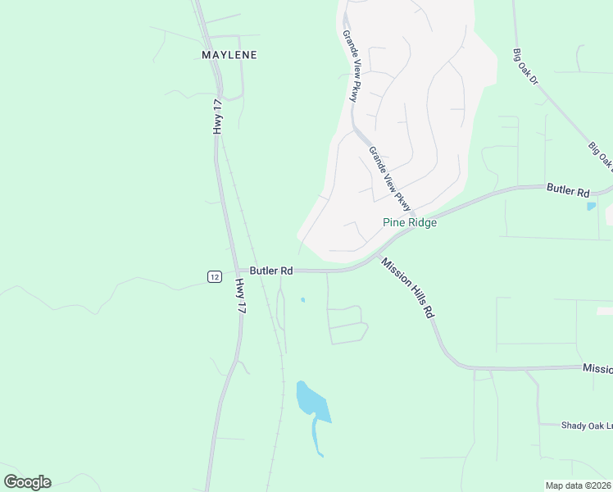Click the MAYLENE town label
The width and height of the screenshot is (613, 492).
(229, 55)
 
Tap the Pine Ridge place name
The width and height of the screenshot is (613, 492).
(410, 222)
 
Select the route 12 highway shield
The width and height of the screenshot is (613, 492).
(214, 276)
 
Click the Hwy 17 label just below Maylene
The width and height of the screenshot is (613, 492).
(217, 116)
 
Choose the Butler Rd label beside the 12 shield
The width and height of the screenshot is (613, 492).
(271, 270)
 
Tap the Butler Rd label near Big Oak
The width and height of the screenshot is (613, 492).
(568, 191)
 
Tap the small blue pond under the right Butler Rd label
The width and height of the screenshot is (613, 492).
(592, 206)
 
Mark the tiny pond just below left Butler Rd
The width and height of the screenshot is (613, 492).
(302, 299)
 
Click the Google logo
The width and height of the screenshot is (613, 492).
(27, 481)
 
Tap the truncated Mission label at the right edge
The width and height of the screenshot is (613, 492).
(597, 369)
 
